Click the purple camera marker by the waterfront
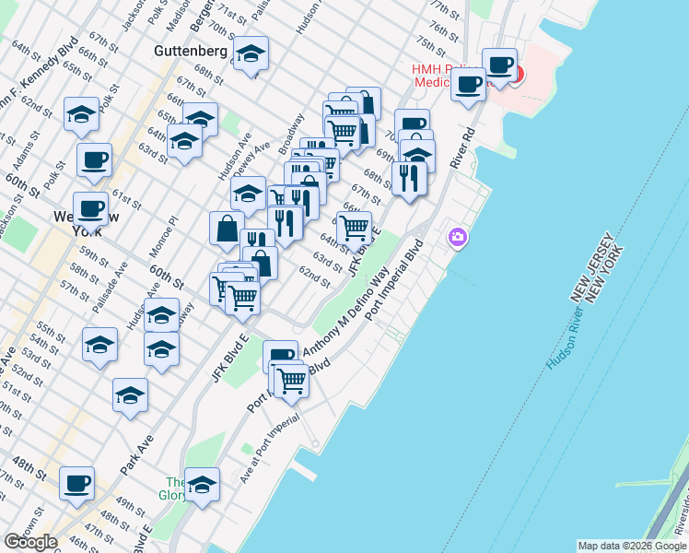pyautogui.click(x=458, y=238)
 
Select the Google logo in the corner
pyautogui.click(x=30, y=542)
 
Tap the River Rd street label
pyautogui.click(x=462, y=147)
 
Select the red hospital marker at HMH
pyautogui.click(x=515, y=75)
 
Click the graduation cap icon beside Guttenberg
pyautogui.click(x=250, y=55)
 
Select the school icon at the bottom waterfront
pyautogui.click(x=202, y=483)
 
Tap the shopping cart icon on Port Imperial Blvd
pyautogui.click(x=291, y=379)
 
